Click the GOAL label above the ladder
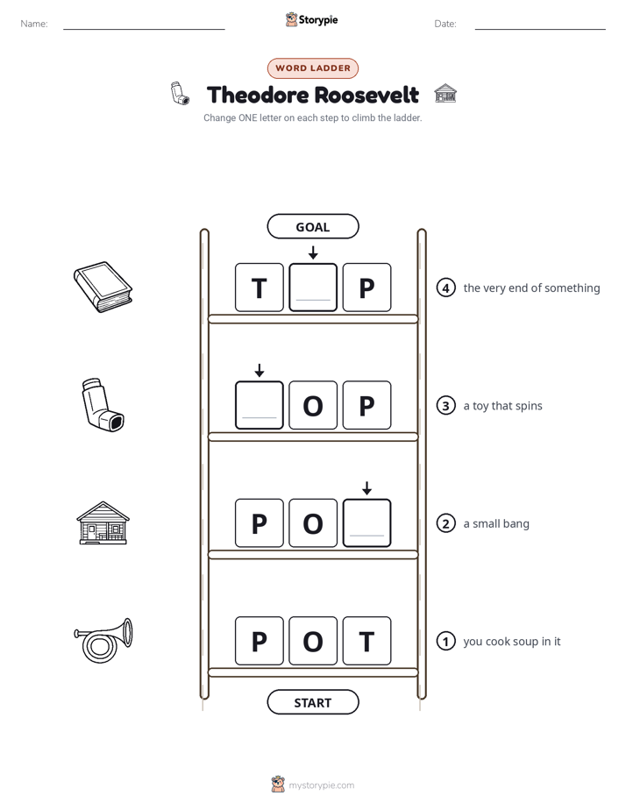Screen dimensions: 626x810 tap(312, 227)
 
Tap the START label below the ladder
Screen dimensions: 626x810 tap(312, 702)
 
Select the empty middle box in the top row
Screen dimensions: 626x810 tap(313, 288)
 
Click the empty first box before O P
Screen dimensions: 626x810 tap(260, 405)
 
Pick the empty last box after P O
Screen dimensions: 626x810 tap(366, 522)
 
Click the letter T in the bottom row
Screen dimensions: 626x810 tap(366, 641)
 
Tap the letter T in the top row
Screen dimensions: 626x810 tap(260, 288)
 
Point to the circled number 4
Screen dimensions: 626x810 tap(445, 288)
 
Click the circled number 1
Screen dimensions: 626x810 tap(445, 641)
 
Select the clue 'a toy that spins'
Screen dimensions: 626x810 tap(502, 406)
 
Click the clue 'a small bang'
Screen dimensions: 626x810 tap(496, 523)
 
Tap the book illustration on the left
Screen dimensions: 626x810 tap(103, 287)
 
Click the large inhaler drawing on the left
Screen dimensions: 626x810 tap(103, 404)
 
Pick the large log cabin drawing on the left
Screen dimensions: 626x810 tap(103, 522)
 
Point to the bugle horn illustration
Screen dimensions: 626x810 tap(103, 641)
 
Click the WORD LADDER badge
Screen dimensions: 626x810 tap(312, 68)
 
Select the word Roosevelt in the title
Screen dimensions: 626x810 tap(366, 95)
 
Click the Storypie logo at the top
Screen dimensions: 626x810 tap(311, 19)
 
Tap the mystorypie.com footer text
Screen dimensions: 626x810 tap(321, 785)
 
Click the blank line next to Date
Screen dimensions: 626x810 tap(540, 29)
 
